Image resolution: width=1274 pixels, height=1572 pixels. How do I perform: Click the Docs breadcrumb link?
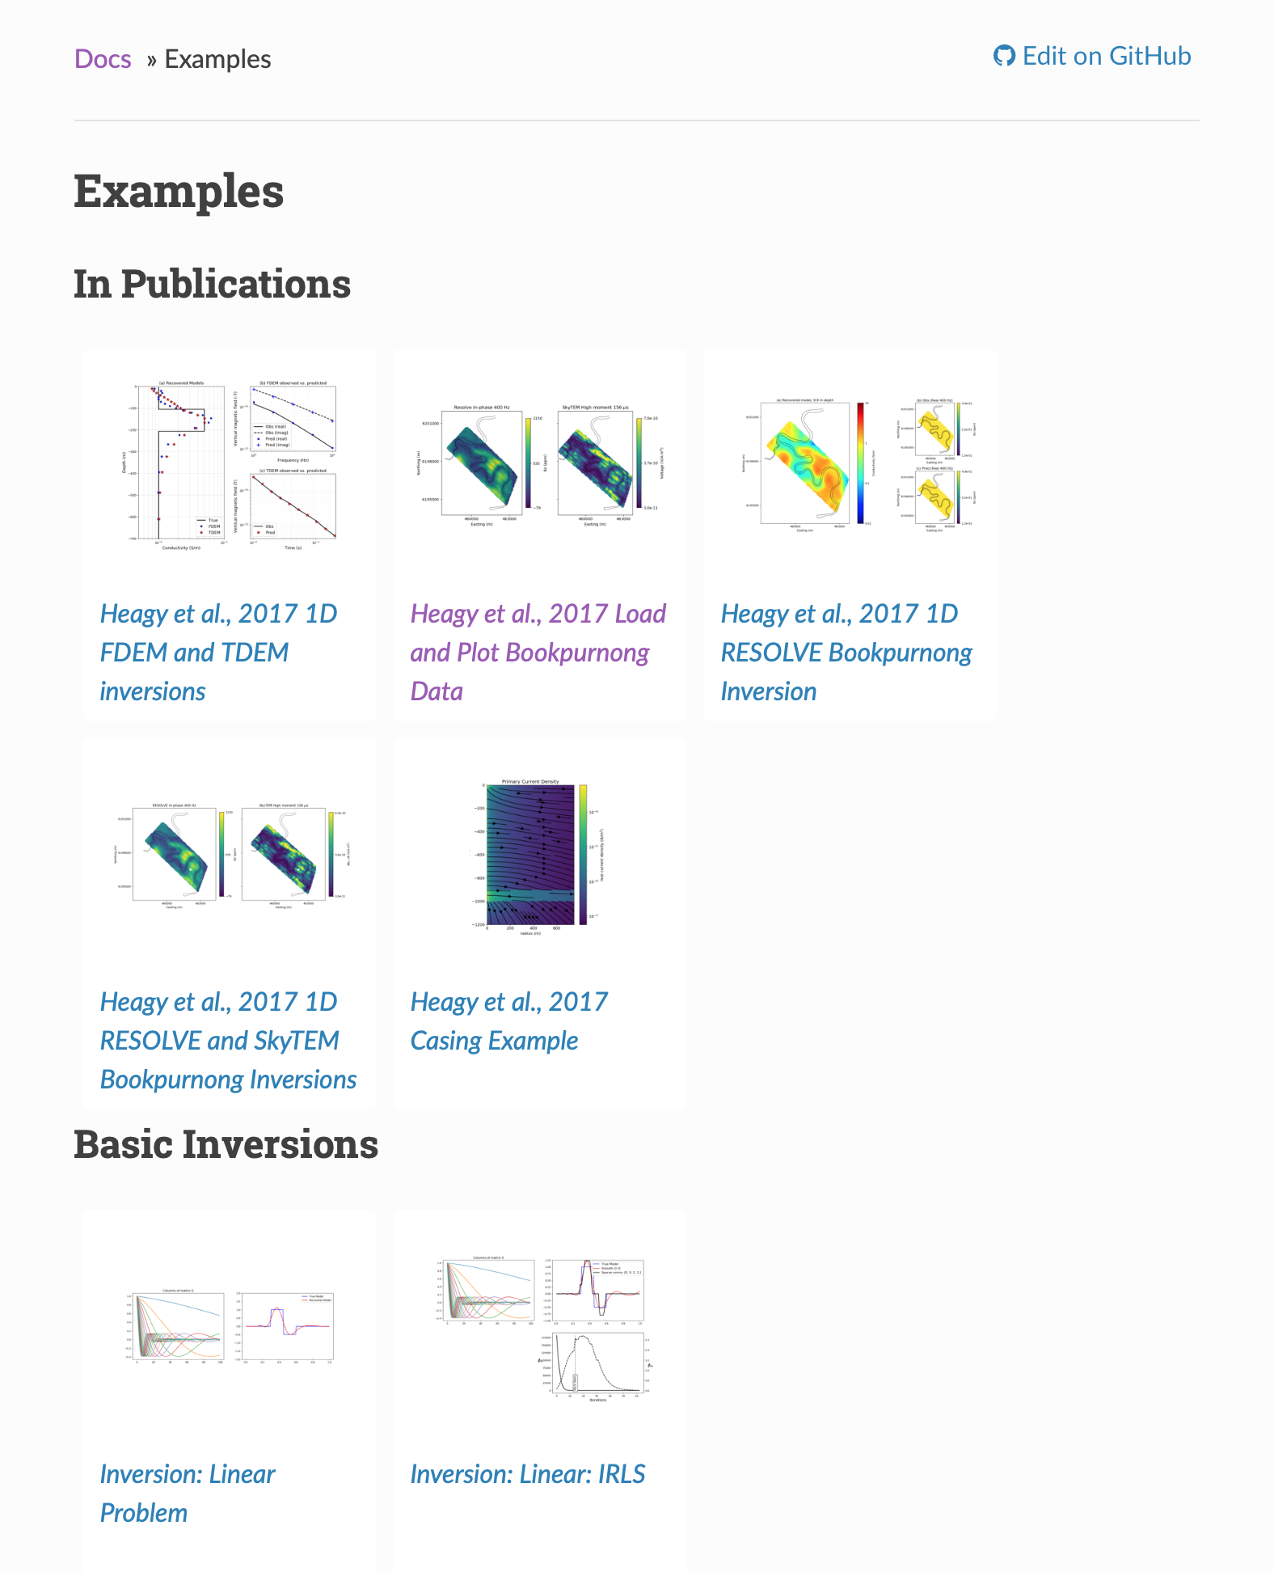point(103,59)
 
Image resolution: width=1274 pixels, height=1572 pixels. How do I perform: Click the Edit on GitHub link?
point(1106,56)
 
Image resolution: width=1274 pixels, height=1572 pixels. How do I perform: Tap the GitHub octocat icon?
point(1004,56)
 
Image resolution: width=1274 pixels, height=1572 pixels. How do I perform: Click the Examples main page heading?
point(179,192)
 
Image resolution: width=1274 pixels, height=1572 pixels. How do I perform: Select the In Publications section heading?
point(212,284)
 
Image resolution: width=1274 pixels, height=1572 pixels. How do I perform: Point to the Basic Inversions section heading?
point(226,1144)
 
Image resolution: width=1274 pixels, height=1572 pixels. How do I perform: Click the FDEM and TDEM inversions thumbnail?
point(230,463)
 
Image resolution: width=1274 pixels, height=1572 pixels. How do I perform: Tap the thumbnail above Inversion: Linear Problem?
point(230,1326)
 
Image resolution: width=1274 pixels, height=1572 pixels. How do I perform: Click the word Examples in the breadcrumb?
point(217,59)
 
